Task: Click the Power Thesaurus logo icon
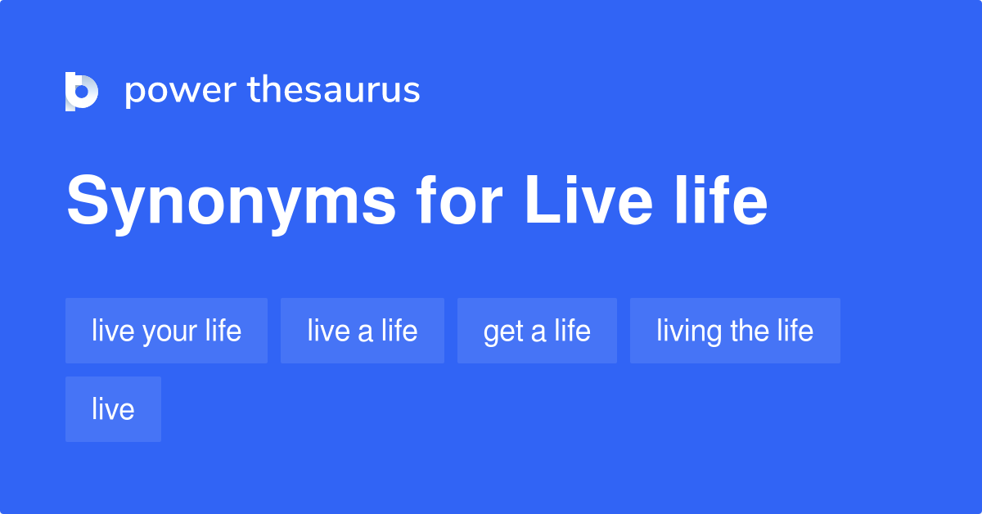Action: tap(82, 91)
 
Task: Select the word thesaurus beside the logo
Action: tap(334, 91)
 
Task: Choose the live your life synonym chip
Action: tap(166, 331)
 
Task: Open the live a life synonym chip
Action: tap(362, 331)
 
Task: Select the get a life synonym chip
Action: tap(537, 331)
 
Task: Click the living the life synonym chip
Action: tap(735, 331)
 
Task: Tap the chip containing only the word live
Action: tap(113, 409)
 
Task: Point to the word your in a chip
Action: tap(169, 332)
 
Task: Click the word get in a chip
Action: tap(502, 332)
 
